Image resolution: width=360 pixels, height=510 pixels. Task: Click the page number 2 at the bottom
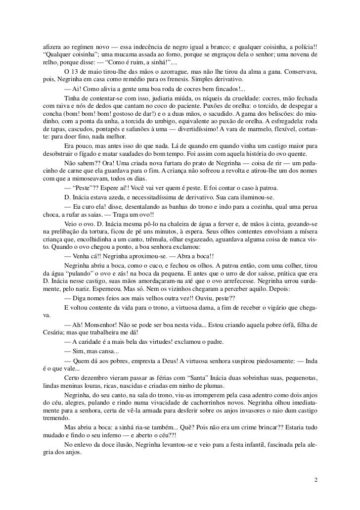(x=316, y=480)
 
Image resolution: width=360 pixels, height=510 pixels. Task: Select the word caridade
(x=91, y=343)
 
